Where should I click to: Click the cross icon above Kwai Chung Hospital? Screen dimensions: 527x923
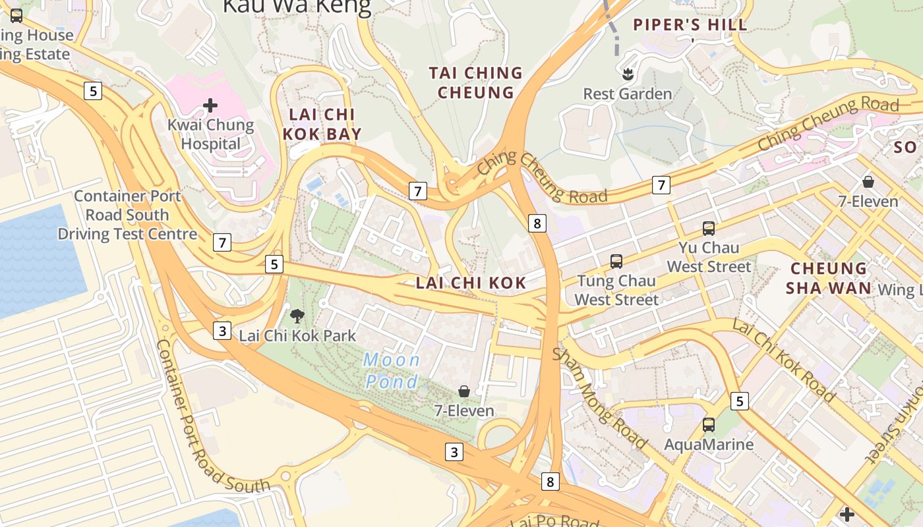(210, 105)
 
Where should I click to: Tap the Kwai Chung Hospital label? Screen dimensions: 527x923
(210, 134)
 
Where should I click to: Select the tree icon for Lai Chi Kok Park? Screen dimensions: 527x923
(297, 316)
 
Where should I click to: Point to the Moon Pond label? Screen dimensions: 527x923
(392, 371)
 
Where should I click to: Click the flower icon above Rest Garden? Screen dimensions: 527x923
(627, 74)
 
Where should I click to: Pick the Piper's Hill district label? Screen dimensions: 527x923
(690, 25)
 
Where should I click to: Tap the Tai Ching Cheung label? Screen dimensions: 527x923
(475, 82)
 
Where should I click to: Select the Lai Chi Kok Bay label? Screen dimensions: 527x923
(322, 124)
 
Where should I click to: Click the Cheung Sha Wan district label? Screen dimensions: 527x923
(829, 278)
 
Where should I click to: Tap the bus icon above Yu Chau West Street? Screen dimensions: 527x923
(709, 229)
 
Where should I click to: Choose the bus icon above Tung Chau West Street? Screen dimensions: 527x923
(616, 262)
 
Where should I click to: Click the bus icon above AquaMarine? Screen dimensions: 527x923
(709, 425)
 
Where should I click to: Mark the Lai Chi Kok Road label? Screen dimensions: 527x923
(785, 360)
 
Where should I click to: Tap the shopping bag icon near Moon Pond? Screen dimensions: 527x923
(464, 391)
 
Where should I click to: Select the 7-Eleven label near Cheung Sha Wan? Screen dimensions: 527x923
(868, 201)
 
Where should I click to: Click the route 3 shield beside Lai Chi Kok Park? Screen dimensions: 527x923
(222, 331)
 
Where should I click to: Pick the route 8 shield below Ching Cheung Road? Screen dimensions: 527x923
(537, 223)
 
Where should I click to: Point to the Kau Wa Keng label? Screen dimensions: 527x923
(297, 7)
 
